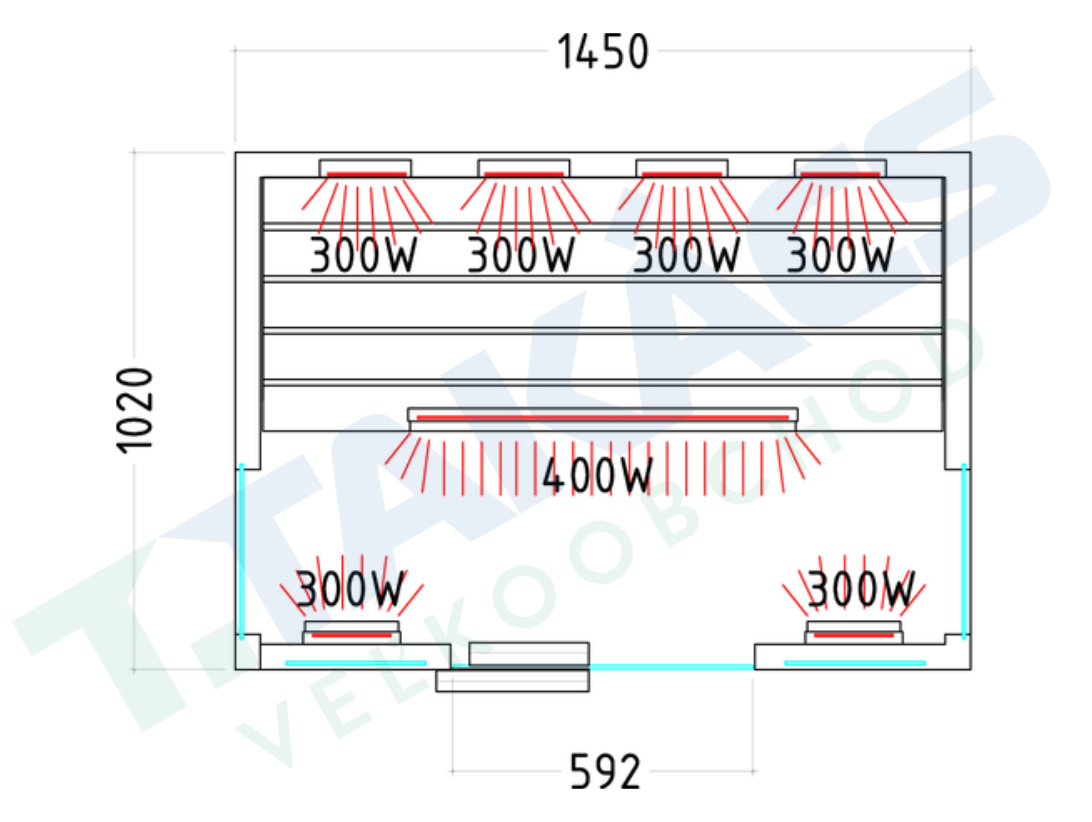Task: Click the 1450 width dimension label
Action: [x=602, y=52]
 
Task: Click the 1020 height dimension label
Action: [x=134, y=410]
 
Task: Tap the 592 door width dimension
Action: [x=605, y=771]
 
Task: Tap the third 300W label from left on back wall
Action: [x=686, y=255]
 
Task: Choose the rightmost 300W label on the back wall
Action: [x=840, y=255]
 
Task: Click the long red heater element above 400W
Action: [x=602, y=418]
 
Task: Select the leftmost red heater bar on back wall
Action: [x=366, y=174]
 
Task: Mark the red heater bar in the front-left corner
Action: [x=352, y=635]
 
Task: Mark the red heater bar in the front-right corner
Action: [x=854, y=635]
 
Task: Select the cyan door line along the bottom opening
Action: [x=671, y=667]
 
